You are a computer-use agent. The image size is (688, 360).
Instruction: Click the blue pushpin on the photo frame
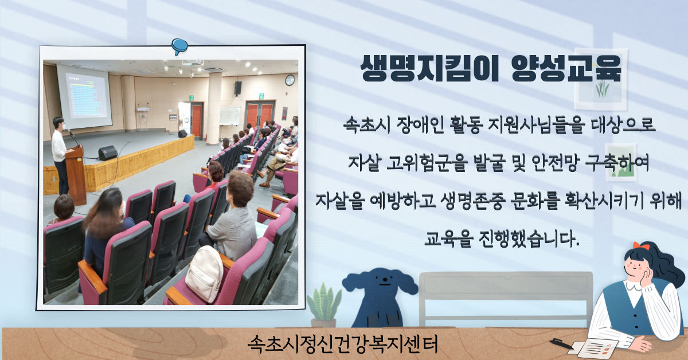pos(179,46)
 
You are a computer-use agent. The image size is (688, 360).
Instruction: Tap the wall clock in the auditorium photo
pos(290,80)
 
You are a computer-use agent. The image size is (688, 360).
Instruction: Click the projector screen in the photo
pos(84,96)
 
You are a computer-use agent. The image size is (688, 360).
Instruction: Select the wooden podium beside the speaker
pos(76,175)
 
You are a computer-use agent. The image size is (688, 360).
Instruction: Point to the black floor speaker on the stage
pos(108,152)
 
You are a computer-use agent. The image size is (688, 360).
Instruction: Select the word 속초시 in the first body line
pos(367,125)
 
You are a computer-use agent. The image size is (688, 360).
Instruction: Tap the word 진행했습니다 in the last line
pos(529,238)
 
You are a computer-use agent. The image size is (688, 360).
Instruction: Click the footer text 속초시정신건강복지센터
pos(342,344)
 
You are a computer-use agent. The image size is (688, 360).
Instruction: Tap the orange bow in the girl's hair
pos(641,246)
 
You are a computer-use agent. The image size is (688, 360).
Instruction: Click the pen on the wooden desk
pos(561,343)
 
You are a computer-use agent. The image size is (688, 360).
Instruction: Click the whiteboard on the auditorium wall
pos(230,116)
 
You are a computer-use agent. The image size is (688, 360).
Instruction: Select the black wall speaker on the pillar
pos(238,88)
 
